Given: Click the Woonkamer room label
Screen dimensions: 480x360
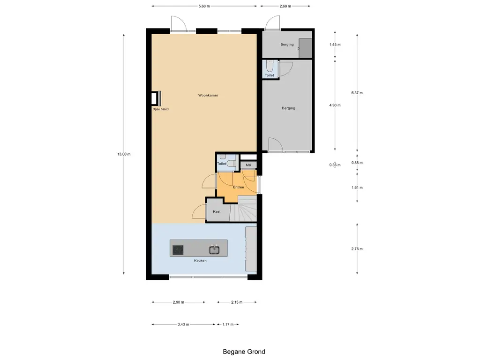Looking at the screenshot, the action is click(208, 95).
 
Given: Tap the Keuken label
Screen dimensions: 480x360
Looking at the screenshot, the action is click(200, 261).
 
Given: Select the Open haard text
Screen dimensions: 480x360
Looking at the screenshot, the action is click(160, 109).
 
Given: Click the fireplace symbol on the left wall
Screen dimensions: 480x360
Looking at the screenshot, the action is click(156, 98).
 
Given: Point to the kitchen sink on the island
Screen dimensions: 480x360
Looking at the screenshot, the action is click(214, 250).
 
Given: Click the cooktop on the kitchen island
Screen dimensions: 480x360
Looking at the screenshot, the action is click(178, 250).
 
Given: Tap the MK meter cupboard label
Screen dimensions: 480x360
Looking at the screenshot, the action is click(248, 165).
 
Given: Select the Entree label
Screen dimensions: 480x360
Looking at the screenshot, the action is click(239, 187).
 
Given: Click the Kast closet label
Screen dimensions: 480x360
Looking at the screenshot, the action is click(217, 211).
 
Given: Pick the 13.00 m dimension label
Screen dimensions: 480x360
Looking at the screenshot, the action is click(124, 154).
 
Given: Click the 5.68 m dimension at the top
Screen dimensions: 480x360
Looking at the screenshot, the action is click(204, 6).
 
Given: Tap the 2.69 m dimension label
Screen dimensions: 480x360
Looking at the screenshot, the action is click(285, 6).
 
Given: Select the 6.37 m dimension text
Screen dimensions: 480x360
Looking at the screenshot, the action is click(357, 93).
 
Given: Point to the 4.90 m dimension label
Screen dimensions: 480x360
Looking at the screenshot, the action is click(335, 105).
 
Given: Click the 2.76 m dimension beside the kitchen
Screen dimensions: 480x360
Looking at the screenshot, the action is click(357, 249).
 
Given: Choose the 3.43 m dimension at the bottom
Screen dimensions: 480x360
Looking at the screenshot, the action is click(183, 324).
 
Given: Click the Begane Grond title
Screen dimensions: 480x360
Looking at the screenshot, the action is click(244, 352).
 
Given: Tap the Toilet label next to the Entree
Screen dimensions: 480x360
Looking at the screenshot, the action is click(222, 164).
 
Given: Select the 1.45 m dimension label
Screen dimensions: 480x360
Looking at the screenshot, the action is click(335, 45).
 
